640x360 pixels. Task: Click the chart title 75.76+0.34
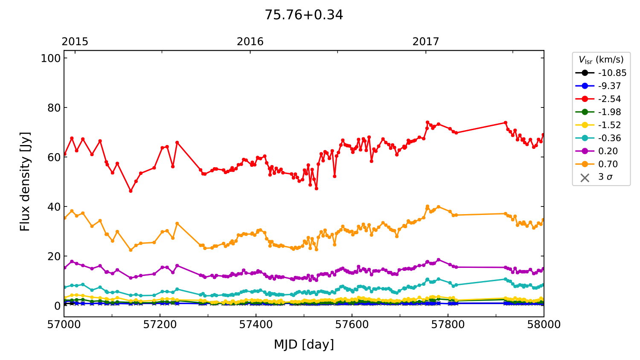[304, 15]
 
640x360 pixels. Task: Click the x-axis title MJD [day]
[304, 344]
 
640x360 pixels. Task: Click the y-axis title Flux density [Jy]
[25, 182]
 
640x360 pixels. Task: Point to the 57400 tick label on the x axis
[256, 325]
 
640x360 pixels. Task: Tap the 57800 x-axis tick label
[448, 325]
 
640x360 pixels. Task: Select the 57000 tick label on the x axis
[64, 325]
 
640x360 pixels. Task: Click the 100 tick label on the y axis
[51, 58]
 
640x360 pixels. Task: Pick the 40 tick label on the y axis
[54, 207]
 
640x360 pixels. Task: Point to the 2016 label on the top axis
[250, 41]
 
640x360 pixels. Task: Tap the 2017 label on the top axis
[425, 41]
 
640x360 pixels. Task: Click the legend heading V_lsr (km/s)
[601, 60]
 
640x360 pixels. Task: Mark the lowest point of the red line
[131, 191]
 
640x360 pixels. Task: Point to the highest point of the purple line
[438, 259]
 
